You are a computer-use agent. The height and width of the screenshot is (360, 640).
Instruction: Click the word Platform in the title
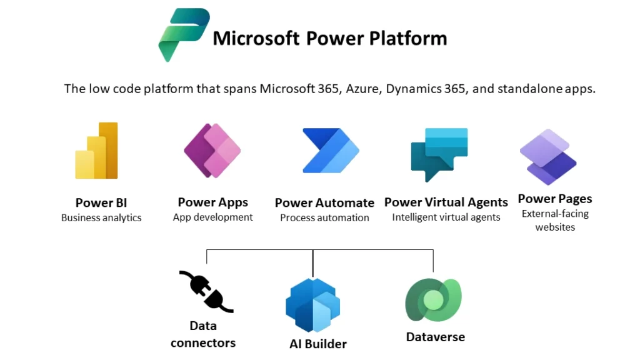408,39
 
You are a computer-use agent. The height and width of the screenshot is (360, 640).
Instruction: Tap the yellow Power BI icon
97,151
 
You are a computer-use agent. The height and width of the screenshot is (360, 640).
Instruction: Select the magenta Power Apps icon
212,150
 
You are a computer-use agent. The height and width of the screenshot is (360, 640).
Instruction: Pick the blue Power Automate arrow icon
331,151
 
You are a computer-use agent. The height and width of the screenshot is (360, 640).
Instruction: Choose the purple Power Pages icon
548,157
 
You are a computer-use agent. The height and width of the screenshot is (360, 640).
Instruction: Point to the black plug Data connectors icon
206,291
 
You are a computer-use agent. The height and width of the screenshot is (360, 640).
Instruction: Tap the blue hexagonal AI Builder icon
312,305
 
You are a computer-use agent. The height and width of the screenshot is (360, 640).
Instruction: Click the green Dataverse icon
434,300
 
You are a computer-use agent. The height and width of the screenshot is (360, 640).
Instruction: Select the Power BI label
101,203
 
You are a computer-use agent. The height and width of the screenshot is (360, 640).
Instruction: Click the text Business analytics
101,218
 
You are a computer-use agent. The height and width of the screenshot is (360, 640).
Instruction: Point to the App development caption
212,217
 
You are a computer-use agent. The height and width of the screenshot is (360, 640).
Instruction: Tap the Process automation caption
324,218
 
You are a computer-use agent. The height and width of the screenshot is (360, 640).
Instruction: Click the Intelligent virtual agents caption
446,217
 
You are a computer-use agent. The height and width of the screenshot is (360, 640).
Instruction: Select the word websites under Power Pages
555,227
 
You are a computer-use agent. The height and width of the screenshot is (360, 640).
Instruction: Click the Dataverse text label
436,337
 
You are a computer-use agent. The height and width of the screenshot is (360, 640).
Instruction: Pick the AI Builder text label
318,344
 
